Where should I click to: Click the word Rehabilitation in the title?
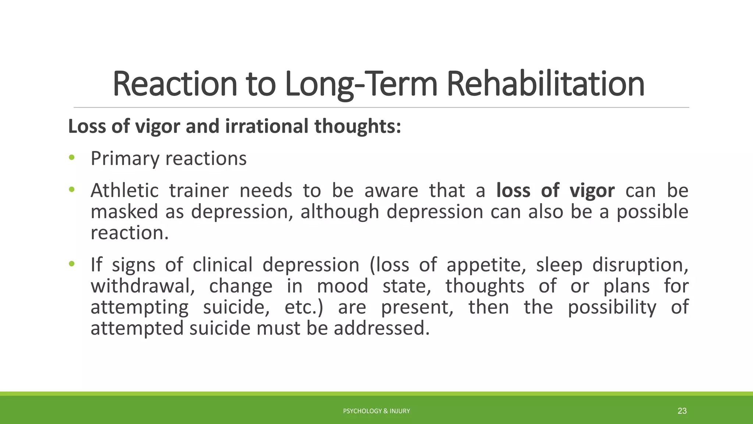point(545,84)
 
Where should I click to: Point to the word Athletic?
point(125,191)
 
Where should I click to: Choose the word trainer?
point(199,191)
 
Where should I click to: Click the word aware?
point(391,191)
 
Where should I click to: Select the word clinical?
point(222,265)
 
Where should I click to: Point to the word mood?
point(342,286)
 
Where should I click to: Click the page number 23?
point(682,411)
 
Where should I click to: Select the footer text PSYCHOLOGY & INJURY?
point(376,411)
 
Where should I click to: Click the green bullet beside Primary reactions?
point(71,158)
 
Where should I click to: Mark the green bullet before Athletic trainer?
point(71,190)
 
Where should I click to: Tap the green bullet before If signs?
point(71,264)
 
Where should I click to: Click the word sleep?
point(559,265)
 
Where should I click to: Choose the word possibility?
point(612,307)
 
